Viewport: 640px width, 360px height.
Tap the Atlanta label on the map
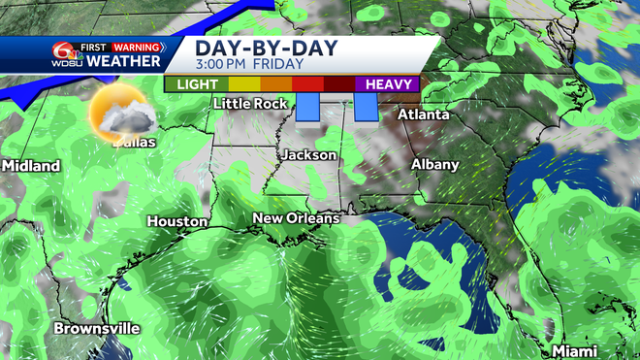pos(424,115)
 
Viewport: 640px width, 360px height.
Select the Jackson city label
pos(309,155)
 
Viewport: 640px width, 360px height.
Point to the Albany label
pos(434,165)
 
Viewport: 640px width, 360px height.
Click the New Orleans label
pos(296,218)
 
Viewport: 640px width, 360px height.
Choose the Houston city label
pos(176,222)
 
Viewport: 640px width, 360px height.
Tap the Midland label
pos(31,166)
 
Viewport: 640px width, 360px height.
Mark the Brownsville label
pos(96,328)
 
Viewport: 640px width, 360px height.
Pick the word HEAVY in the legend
pos(391,84)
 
